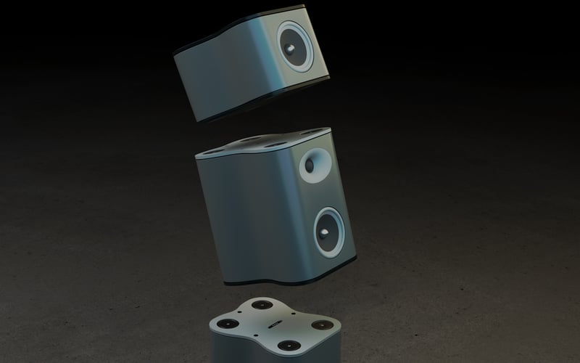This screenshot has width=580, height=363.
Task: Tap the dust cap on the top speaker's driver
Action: tap(290, 50)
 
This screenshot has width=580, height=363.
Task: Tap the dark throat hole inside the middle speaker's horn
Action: tap(310, 166)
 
